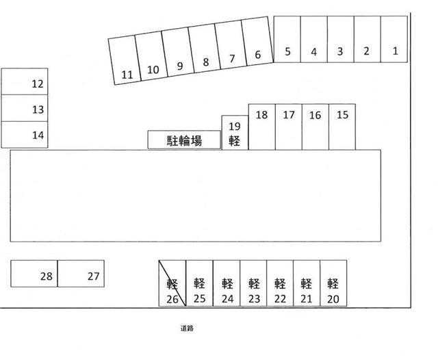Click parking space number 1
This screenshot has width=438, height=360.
coord(394,39)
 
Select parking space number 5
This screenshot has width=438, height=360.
coord(287,39)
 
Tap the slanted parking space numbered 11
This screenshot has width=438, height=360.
coord(125,60)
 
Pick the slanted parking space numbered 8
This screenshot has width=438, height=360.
coord(205,48)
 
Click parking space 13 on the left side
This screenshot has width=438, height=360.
coord(25,108)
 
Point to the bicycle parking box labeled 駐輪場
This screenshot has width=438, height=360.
coord(184,140)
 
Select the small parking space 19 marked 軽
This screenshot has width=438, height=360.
coord(235,133)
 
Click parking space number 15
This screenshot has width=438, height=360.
coord(342,127)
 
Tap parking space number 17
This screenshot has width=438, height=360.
coord(289,127)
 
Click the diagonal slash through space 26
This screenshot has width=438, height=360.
coord(172,283)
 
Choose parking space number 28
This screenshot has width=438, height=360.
coord(34,274)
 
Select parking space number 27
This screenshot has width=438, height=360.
coord(81,274)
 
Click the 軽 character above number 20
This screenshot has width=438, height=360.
coord(333,283)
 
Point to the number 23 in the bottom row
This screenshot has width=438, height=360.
coord(254,299)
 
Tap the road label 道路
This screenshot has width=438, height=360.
coord(187,328)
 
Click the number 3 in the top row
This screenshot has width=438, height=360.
coord(340,51)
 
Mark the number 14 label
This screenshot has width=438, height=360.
coord(38,136)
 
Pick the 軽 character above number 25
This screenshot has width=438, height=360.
coord(199,283)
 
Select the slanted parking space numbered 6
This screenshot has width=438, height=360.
coord(257,41)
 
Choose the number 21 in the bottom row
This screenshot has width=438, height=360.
coord(307,299)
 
